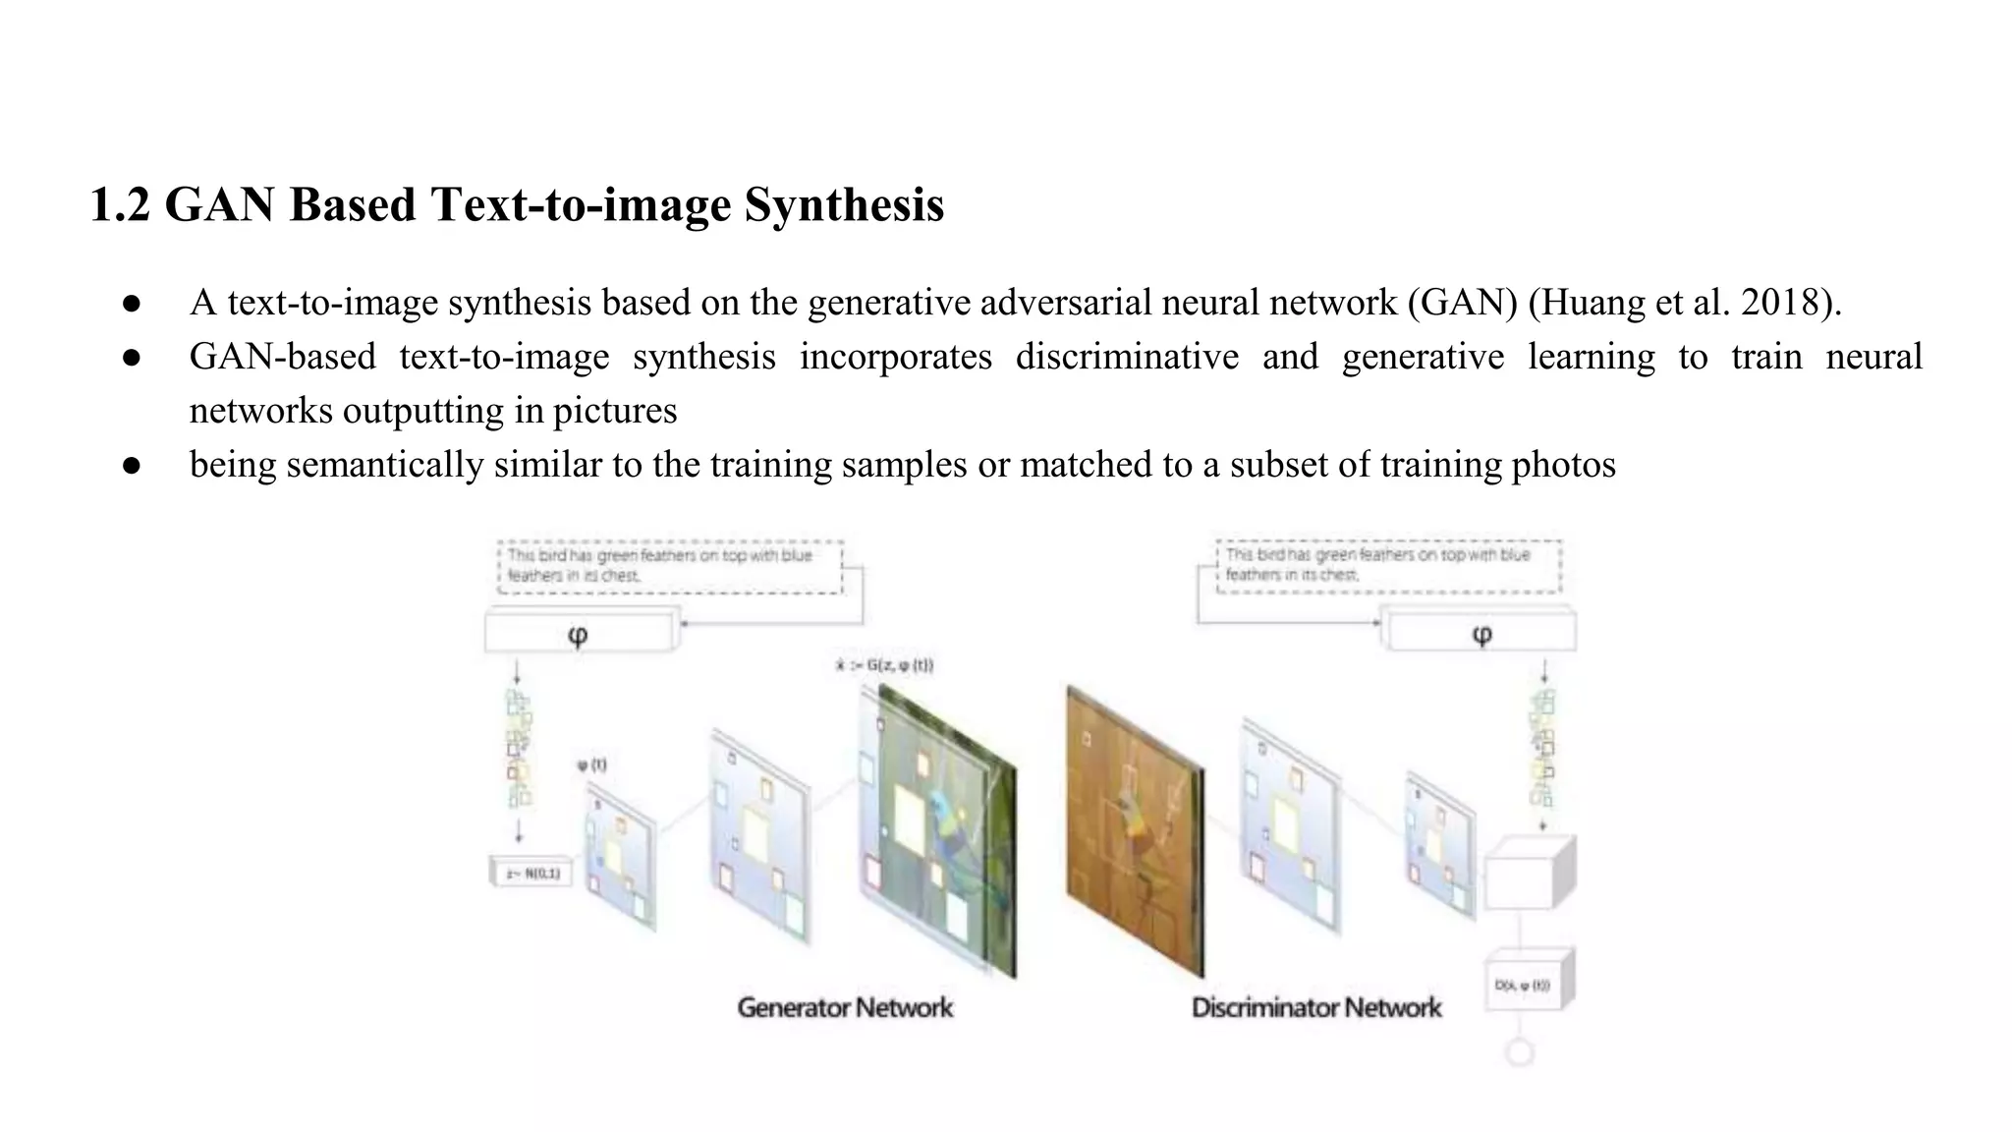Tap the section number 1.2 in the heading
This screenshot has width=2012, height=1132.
tap(119, 205)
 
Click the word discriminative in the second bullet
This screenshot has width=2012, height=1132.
tap(1127, 357)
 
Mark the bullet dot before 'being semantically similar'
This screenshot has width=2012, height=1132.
tap(133, 466)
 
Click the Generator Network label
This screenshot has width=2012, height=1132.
tap(845, 1007)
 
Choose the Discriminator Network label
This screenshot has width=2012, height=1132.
tap(1316, 1007)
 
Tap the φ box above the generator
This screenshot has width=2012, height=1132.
tap(580, 634)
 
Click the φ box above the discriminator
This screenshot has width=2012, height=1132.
tap(1481, 634)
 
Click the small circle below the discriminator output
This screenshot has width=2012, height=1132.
tap(1520, 1053)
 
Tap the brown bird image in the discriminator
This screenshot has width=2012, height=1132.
tap(1135, 830)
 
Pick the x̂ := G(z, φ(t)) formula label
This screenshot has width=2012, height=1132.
tap(884, 665)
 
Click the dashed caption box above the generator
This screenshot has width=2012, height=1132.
tap(670, 567)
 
